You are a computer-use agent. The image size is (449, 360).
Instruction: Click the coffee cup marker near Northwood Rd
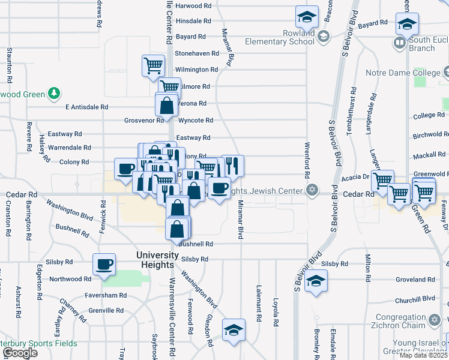[104, 265]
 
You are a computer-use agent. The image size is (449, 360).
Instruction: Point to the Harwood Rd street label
[193, 5]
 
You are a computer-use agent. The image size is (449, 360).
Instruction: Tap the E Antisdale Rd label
[86, 107]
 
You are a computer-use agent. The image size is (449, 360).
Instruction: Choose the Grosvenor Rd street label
[144, 120]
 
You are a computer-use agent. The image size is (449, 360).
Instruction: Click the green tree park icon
[54, 94]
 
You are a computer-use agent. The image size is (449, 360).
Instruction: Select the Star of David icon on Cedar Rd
[311, 190]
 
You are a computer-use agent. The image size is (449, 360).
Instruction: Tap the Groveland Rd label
[415, 280]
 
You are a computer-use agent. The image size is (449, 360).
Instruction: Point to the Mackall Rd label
[429, 155]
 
